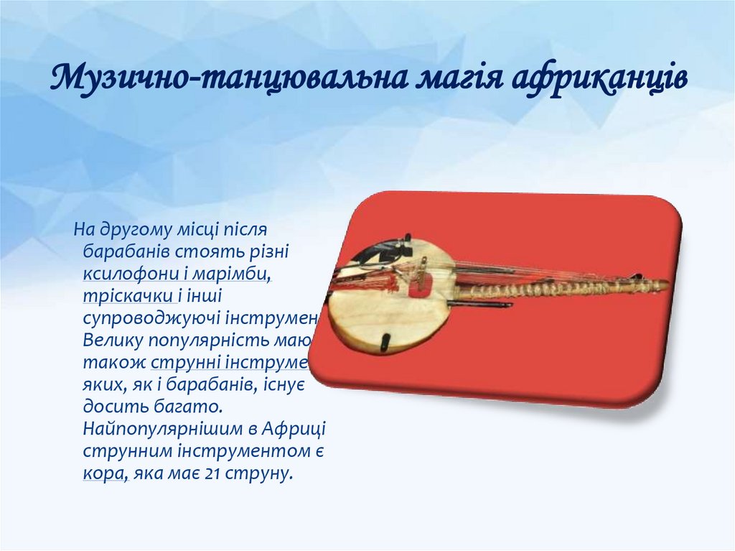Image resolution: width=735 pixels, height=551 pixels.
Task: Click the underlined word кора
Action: pos(100,475)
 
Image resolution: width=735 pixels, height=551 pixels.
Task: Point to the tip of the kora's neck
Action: pos(663,284)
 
